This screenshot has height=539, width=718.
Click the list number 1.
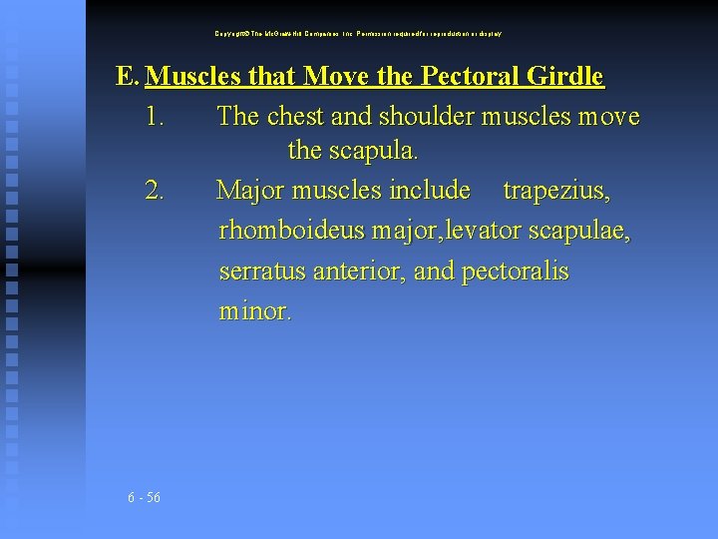coord(155,117)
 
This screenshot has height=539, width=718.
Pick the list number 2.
coord(155,190)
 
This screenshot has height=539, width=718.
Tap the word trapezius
coord(556,190)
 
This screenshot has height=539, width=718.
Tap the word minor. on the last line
coord(255,311)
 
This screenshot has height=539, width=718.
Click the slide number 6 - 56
coord(145,498)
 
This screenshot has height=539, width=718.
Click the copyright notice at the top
coord(358,34)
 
